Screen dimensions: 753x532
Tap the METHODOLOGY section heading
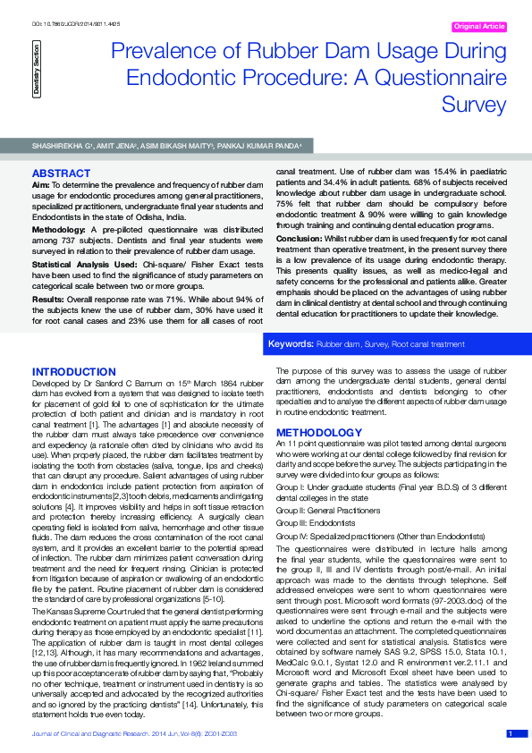[x=319, y=433]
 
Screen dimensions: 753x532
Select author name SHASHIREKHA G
[x=65, y=145]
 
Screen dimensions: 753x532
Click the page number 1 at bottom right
[x=511, y=733]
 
